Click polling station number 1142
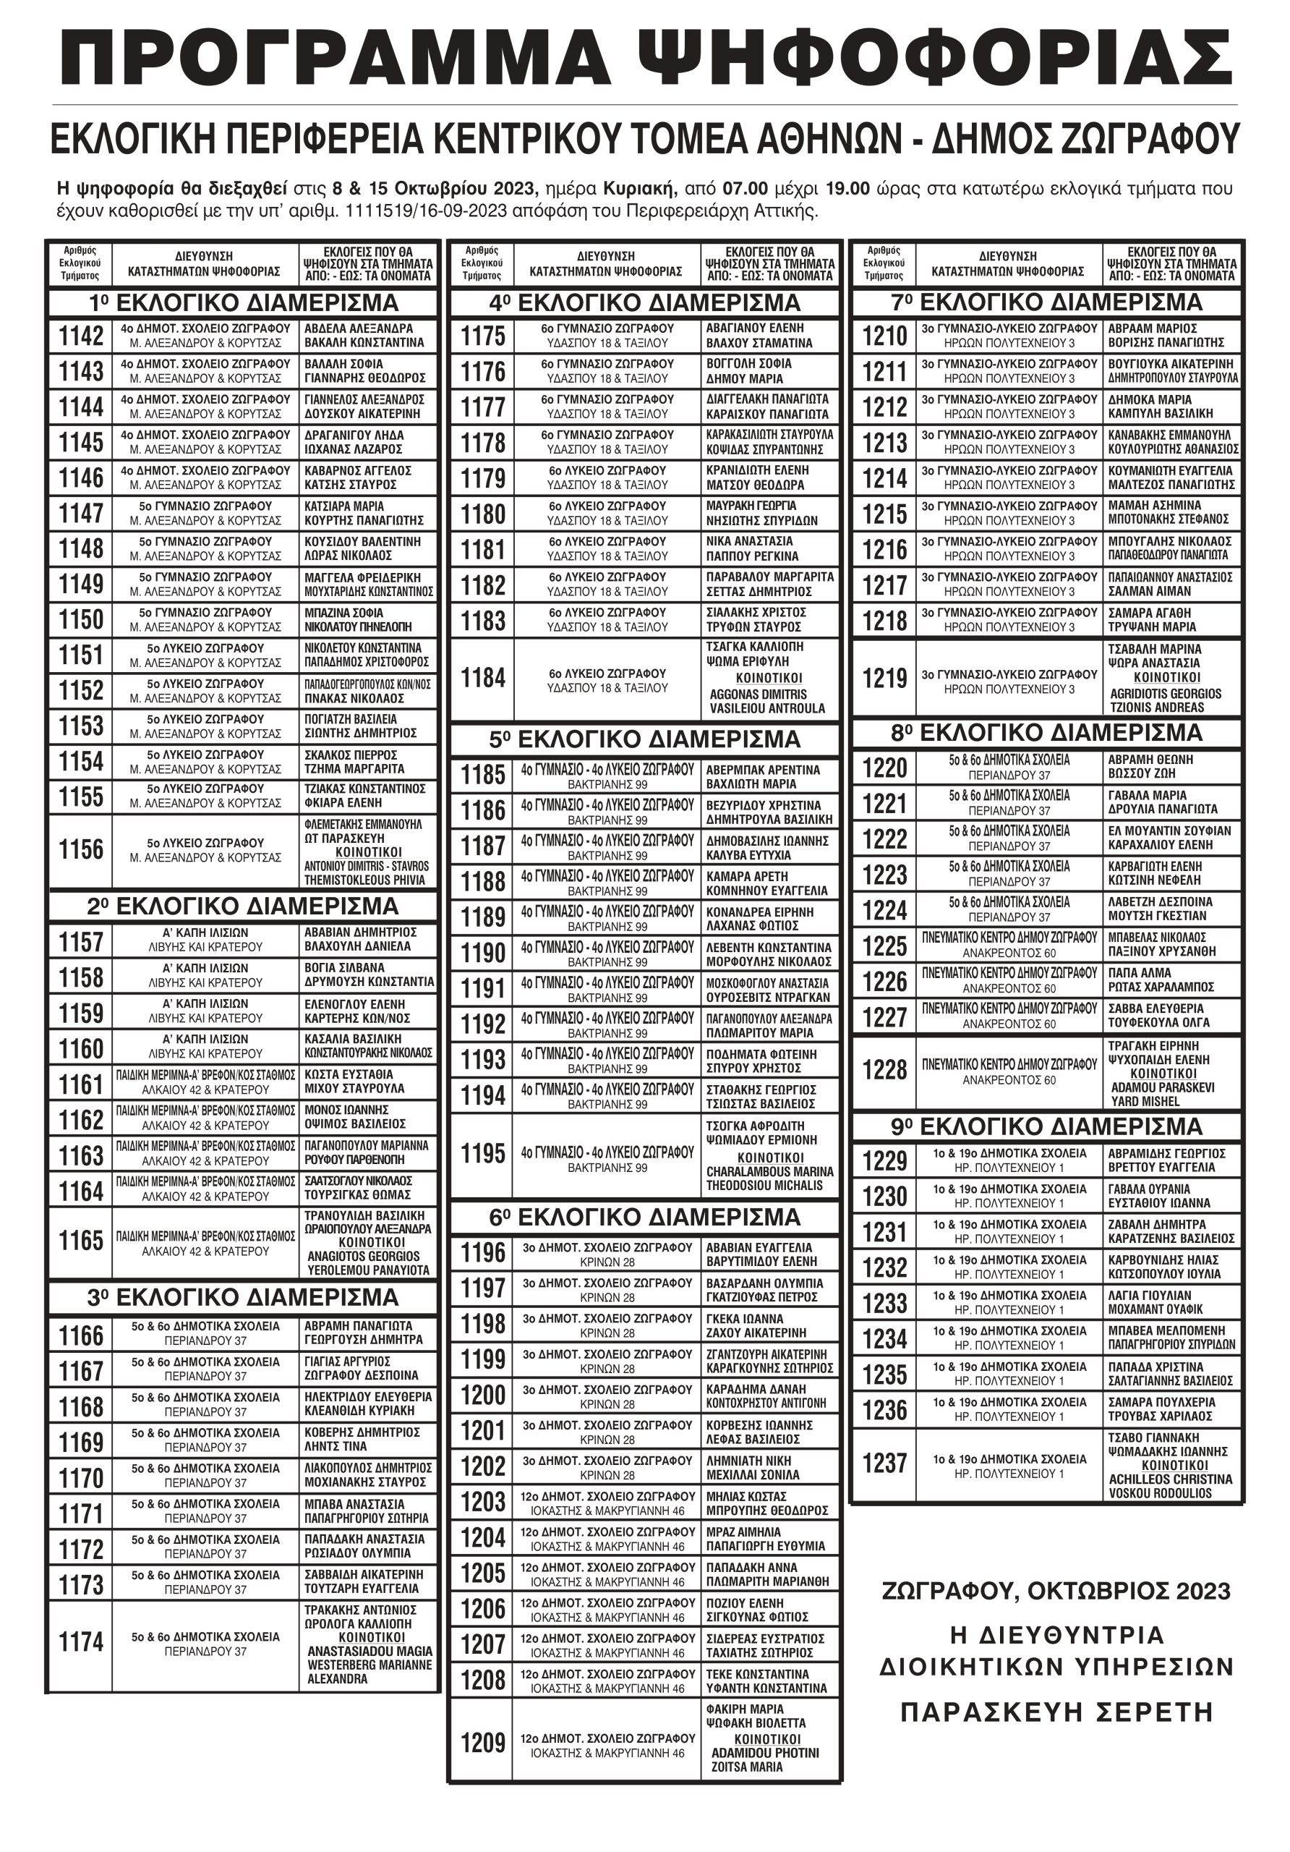pos(81,336)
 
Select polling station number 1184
pos(482,679)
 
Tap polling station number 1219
pos(884,679)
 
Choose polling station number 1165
pos(81,1241)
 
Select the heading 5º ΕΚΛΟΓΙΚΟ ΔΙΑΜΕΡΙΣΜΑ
pos(644,739)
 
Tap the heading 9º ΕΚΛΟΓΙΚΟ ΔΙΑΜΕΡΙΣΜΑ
pos(1046,1126)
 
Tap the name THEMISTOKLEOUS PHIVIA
pos(364,880)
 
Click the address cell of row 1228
pos(1009,1072)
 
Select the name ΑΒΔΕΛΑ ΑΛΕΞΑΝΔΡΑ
pos(358,328)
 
